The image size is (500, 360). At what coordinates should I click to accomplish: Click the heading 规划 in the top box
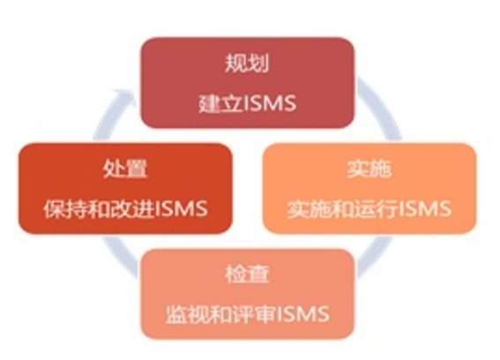click(x=247, y=64)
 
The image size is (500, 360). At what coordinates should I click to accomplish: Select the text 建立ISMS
click(x=247, y=103)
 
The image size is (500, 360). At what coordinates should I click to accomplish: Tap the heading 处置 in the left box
click(x=125, y=169)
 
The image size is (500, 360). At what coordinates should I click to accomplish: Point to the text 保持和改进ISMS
click(x=125, y=209)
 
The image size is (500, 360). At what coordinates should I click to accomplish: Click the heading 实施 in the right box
click(x=369, y=169)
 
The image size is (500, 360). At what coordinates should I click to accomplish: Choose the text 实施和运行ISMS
click(x=369, y=209)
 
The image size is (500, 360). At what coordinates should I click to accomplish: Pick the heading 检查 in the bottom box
click(x=247, y=274)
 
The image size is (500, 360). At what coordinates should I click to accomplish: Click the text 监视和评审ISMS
click(x=247, y=314)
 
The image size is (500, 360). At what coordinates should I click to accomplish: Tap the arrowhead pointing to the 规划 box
click(x=125, y=97)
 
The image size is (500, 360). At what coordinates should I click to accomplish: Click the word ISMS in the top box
click(x=270, y=103)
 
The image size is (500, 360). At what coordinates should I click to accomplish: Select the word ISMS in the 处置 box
click(x=181, y=209)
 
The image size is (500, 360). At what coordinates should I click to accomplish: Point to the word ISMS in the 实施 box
click(x=425, y=209)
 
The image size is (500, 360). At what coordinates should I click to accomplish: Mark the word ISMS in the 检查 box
click(x=303, y=314)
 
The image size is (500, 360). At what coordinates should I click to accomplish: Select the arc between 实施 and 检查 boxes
click(x=377, y=255)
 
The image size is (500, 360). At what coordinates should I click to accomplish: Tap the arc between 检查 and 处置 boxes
click(x=121, y=255)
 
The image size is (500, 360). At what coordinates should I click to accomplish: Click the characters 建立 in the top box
click(x=220, y=103)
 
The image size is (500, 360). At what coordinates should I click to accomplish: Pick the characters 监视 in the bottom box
click(x=188, y=314)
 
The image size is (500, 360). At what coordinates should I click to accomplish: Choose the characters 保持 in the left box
click(x=65, y=209)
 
